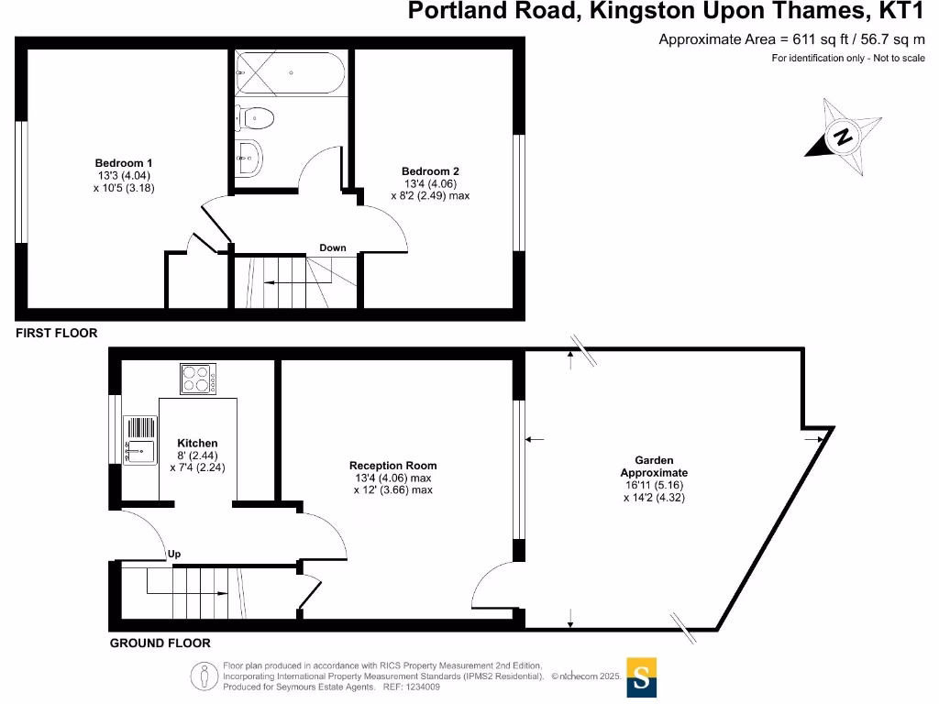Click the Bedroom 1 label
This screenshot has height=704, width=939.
(x=124, y=163)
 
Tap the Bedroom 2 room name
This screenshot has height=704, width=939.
(x=430, y=171)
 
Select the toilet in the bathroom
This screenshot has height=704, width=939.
(x=255, y=118)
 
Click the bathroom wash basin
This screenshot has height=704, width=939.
(x=249, y=158)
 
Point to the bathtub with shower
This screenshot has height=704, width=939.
(x=290, y=72)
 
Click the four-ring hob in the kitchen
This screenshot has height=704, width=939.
(x=198, y=379)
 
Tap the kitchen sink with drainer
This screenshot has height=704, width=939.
(x=140, y=440)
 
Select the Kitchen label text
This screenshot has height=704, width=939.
(x=198, y=443)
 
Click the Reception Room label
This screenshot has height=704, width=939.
(x=392, y=465)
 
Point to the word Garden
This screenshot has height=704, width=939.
(x=654, y=460)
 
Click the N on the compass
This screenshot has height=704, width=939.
(x=844, y=137)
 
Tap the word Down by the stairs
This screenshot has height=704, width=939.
(x=332, y=247)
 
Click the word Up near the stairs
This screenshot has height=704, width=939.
(x=174, y=554)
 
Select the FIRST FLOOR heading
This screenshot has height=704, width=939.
(x=56, y=333)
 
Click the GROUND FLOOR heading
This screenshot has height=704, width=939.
(x=160, y=643)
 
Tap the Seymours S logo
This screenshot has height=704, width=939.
(x=641, y=677)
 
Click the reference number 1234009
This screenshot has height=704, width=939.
(x=423, y=687)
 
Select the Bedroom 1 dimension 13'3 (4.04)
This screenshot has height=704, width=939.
(x=124, y=175)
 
